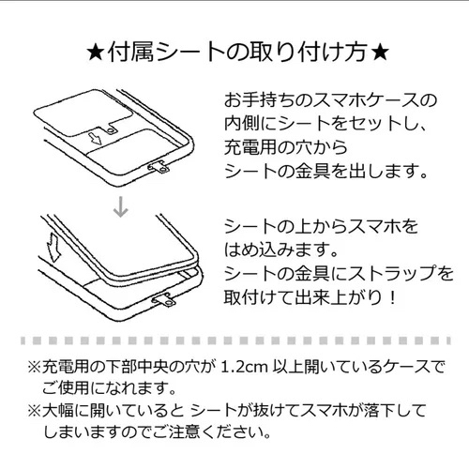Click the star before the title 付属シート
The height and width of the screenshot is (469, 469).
96,53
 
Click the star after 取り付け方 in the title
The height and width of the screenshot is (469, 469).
380,53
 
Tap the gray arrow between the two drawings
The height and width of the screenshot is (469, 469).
121,206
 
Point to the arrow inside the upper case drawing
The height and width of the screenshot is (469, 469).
95,139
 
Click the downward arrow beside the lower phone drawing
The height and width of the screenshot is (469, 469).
53,247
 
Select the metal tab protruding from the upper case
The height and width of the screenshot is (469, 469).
159,167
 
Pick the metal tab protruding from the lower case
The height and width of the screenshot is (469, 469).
164,300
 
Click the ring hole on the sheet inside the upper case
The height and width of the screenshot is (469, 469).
111,130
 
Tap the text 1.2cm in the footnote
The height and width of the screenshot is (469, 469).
244,367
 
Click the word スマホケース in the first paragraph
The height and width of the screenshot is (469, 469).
365,100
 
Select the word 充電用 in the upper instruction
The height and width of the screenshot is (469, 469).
250,147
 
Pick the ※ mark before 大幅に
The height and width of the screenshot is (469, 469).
35,411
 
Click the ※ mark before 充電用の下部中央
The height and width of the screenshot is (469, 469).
35,367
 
